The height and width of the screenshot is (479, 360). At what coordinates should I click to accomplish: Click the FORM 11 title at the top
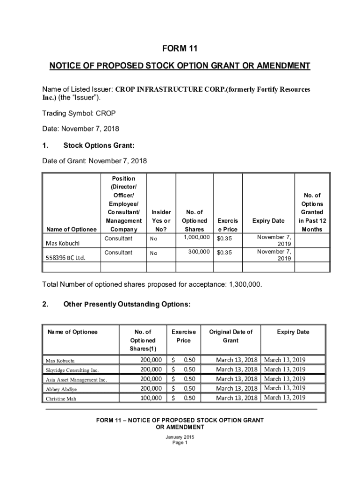(x=180, y=48)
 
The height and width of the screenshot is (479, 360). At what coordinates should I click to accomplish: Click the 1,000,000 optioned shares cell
(x=194, y=238)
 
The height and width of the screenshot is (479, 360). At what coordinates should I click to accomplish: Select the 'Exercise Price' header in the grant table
(x=228, y=225)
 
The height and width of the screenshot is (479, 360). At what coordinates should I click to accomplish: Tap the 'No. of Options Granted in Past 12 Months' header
(x=312, y=212)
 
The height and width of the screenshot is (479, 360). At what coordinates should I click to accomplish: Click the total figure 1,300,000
(x=245, y=284)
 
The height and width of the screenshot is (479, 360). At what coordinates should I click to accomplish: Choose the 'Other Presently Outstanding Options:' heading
(x=127, y=305)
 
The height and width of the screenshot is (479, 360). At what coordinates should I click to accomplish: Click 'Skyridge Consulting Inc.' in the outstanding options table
(x=72, y=370)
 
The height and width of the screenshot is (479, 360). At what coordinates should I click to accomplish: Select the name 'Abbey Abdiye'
(x=61, y=389)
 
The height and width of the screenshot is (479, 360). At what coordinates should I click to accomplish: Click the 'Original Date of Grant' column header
(x=230, y=336)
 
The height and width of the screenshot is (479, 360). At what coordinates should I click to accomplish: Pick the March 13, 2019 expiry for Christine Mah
(x=285, y=398)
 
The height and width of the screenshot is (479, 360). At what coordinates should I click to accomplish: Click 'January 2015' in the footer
(x=180, y=437)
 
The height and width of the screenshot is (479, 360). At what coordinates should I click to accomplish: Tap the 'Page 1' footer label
(x=180, y=443)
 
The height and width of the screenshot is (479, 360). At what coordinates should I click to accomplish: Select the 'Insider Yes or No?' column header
(x=161, y=220)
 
